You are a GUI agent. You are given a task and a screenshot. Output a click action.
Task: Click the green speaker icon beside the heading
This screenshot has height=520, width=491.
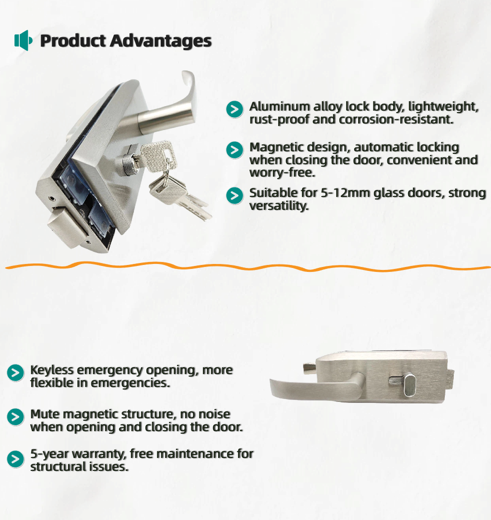pos(23,41)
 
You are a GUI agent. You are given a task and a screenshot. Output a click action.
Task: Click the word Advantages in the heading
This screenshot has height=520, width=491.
pos(161,41)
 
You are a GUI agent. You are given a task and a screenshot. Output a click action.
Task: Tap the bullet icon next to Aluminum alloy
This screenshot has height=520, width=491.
pos(235,110)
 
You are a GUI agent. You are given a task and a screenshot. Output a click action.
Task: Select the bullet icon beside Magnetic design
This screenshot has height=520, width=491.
pos(235,150)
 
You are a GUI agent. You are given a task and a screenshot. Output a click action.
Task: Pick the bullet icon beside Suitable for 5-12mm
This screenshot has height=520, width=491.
pos(235,195)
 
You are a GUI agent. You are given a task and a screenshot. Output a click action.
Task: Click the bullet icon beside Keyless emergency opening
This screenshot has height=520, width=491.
pos(15,373)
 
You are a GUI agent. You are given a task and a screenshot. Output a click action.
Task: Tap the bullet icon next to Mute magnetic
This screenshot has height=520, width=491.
pos(15,417)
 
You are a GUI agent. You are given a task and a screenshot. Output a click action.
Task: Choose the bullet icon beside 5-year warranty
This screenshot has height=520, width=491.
pos(15,459)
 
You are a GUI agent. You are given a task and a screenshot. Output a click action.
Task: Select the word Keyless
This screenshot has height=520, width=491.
pos(52,370)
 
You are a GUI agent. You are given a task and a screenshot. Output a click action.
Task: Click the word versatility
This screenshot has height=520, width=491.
pos(279,206)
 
